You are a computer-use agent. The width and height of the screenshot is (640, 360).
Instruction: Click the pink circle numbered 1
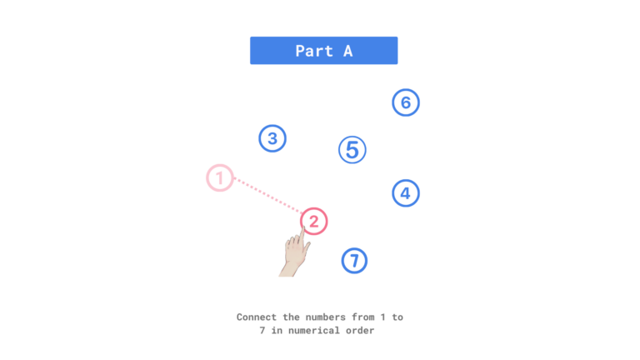[x=219, y=177]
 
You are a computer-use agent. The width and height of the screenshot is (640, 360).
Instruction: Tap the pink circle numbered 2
[x=313, y=221]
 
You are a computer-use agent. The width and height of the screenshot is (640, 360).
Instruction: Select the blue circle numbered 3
[x=272, y=138]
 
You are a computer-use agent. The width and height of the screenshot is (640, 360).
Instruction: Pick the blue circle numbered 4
[x=405, y=193]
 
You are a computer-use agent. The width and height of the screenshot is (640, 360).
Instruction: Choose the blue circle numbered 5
[x=352, y=150]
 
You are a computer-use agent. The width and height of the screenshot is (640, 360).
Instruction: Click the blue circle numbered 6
[x=406, y=102]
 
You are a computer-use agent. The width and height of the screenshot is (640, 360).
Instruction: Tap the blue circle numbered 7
[x=354, y=261]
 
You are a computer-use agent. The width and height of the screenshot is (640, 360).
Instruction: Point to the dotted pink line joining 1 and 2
[x=267, y=199]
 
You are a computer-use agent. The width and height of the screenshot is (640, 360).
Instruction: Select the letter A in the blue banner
[x=347, y=51]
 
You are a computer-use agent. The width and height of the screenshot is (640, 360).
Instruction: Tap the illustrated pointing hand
[x=293, y=256]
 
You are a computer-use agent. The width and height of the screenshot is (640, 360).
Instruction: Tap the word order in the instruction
[x=361, y=331]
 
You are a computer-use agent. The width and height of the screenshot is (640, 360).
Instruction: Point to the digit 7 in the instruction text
[x=262, y=331]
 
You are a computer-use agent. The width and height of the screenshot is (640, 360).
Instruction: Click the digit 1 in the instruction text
[x=384, y=317]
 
